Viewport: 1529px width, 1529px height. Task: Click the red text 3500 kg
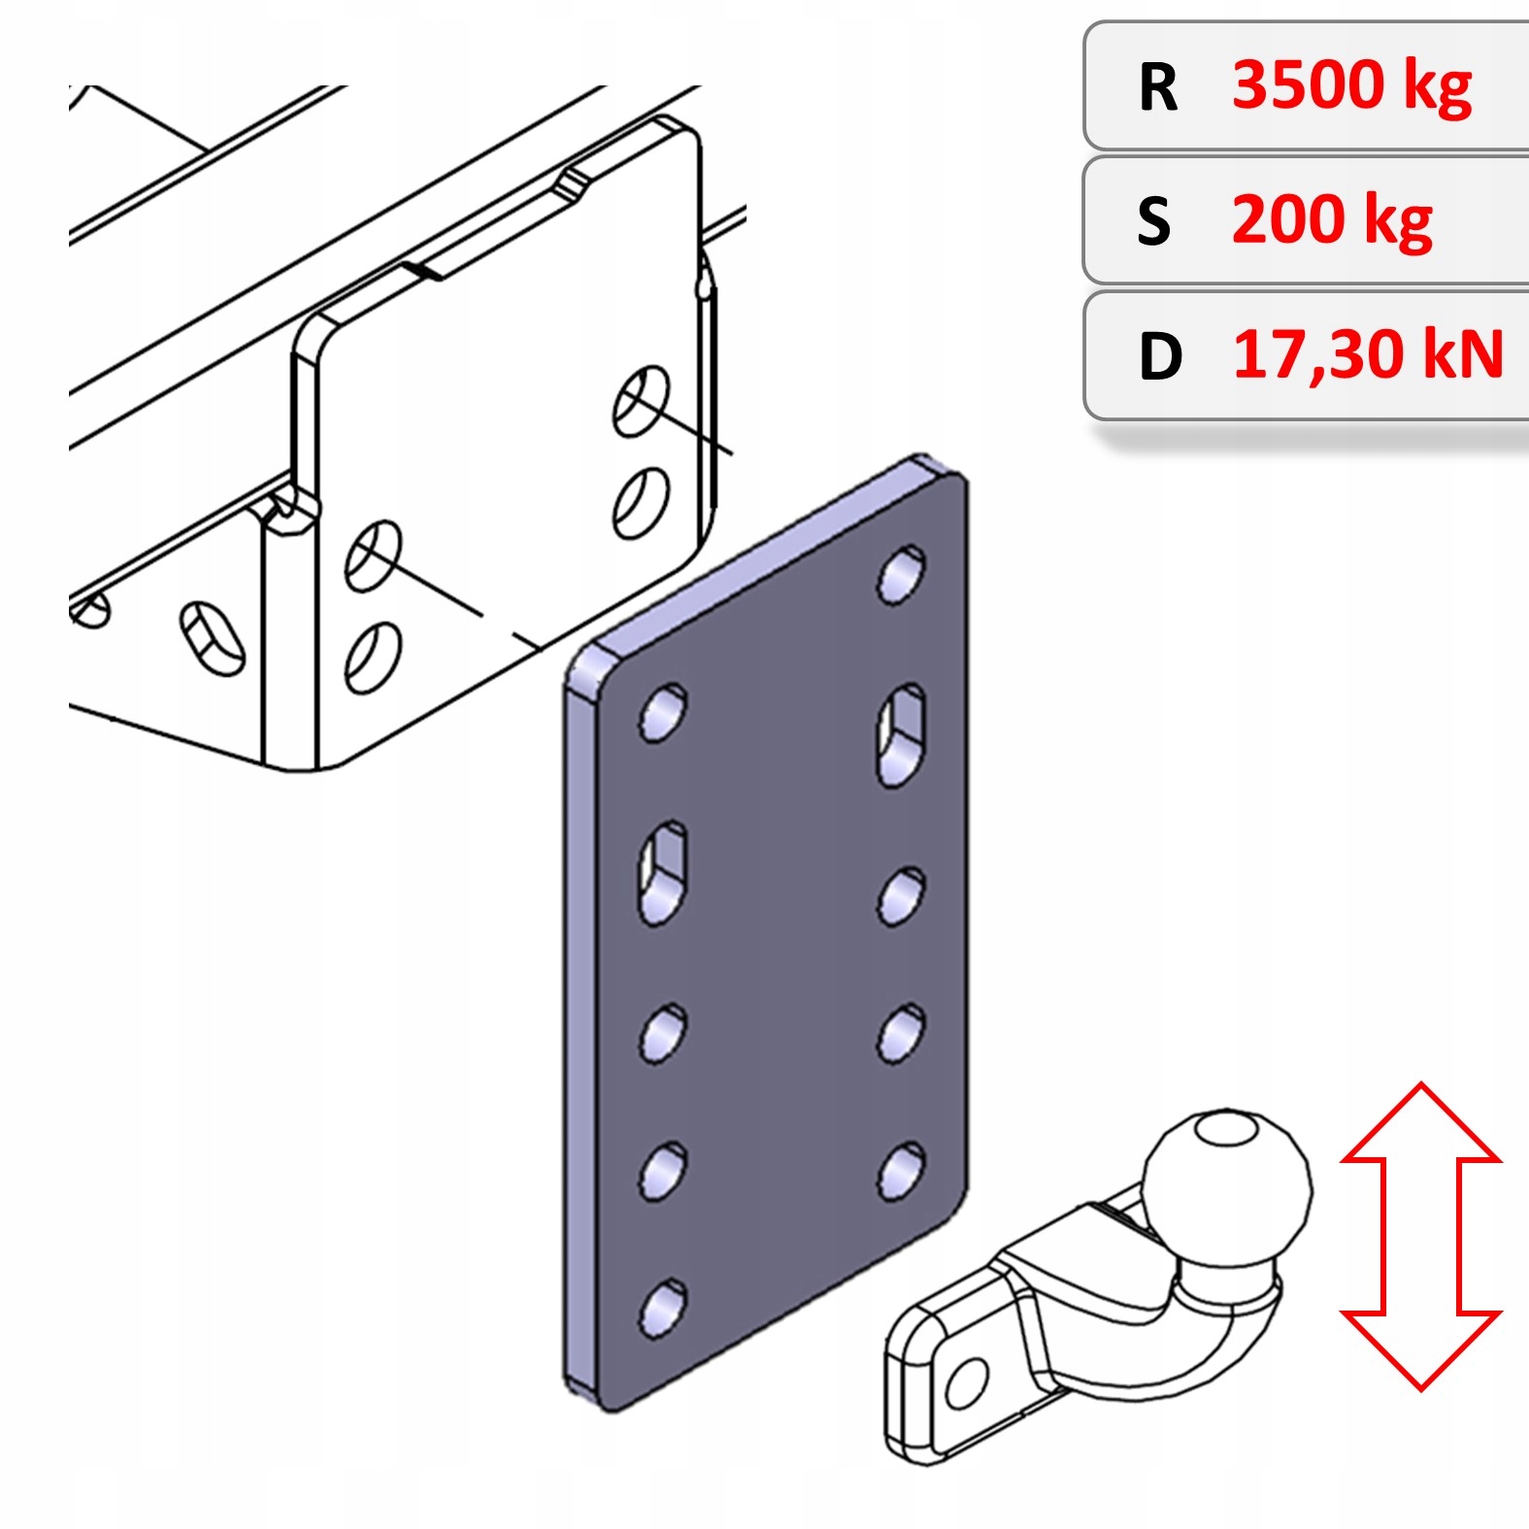pyautogui.click(x=1351, y=85)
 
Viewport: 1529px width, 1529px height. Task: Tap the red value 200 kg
pyautogui.click(x=1332, y=220)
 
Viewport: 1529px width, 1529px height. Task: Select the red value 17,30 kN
pyautogui.click(x=1368, y=354)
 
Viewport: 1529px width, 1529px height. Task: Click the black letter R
pyautogui.click(x=1158, y=88)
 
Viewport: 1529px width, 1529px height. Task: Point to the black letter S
pyautogui.click(x=1154, y=222)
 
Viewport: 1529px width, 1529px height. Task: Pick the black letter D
pyautogui.click(x=1160, y=356)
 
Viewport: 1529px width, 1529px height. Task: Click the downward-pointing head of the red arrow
pyautogui.click(x=1420, y=1349)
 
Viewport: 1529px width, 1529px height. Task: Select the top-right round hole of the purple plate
pyautogui.click(x=902, y=575)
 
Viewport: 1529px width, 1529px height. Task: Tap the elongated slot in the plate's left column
pyautogui.click(x=662, y=872)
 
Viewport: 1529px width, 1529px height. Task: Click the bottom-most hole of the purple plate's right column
pyautogui.click(x=901, y=1171)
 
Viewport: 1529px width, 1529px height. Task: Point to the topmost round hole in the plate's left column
pyautogui.click(x=663, y=714)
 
